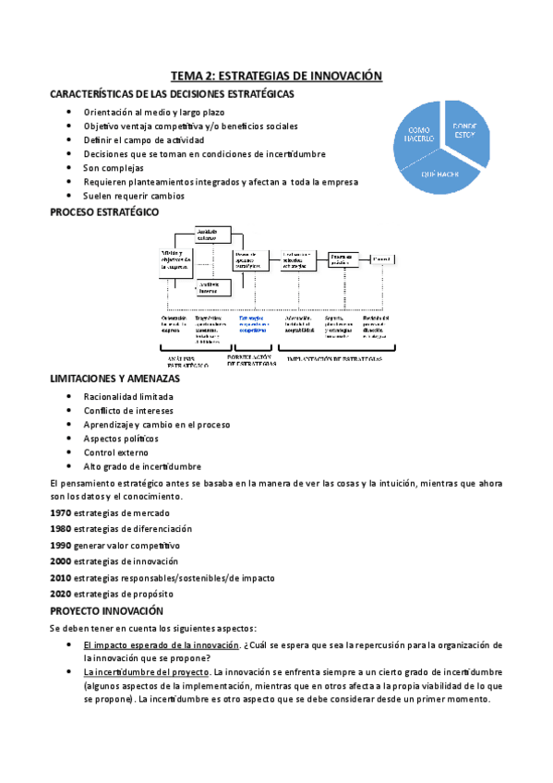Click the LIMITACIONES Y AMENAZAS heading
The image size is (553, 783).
114,379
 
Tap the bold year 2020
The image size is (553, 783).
60,594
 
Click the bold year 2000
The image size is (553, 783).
60,560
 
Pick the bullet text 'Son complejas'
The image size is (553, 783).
114,168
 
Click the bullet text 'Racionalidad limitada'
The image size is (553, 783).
127,396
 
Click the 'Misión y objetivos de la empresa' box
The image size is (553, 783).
175,259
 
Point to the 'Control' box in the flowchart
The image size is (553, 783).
379,260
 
